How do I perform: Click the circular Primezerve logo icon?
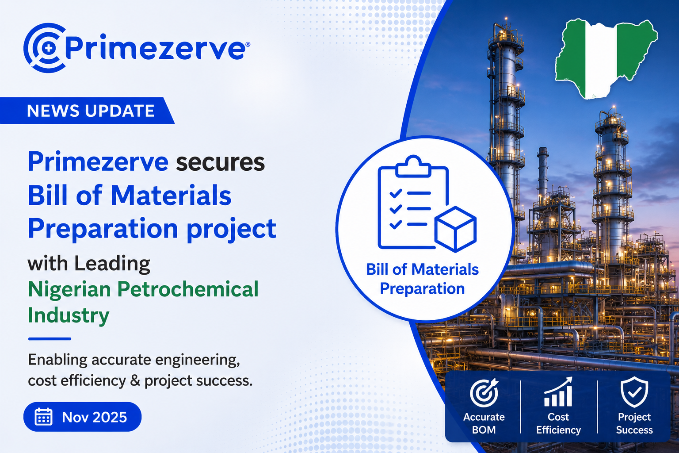pos(45,48)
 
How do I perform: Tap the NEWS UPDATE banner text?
pos(91,111)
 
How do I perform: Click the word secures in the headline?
pos(221,162)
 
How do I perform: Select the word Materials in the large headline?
pos(171,195)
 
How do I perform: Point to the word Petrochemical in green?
pos(187,289)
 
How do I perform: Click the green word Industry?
pos(69,315)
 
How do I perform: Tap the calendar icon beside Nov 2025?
pos(43,417)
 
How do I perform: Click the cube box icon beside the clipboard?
pos(455,229)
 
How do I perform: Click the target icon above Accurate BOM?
pos(484,393)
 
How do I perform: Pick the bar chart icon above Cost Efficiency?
pos(558,392)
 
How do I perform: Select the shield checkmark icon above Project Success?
pos(634,392)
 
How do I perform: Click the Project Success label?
pos(634,423)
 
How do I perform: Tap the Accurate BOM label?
pos(484,423)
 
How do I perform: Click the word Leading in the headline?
pos(112,263)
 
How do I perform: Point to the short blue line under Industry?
pos(50,339)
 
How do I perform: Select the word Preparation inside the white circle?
pos(422,288)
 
